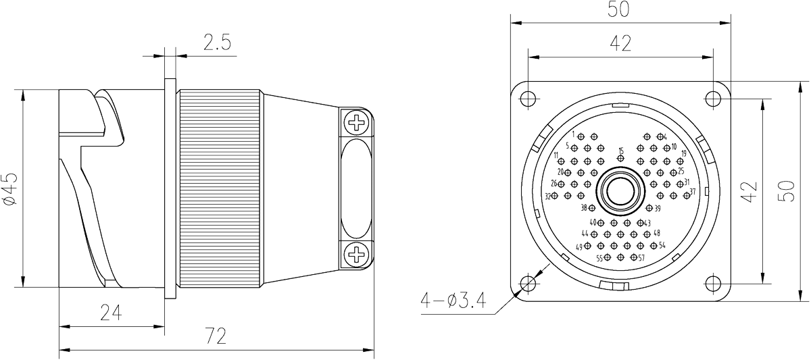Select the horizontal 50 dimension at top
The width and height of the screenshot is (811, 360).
pyautogui.click(x=620, y=10)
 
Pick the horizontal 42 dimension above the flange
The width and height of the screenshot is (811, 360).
pyautogui.click(x=620, y=44)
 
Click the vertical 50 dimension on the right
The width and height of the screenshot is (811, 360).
pyautogui.click(x=787, y=190)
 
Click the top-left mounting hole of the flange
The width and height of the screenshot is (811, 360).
pyautogui.click(x=529, y=98)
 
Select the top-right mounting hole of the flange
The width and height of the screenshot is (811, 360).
pyautogui.click(x=712, y=98)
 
